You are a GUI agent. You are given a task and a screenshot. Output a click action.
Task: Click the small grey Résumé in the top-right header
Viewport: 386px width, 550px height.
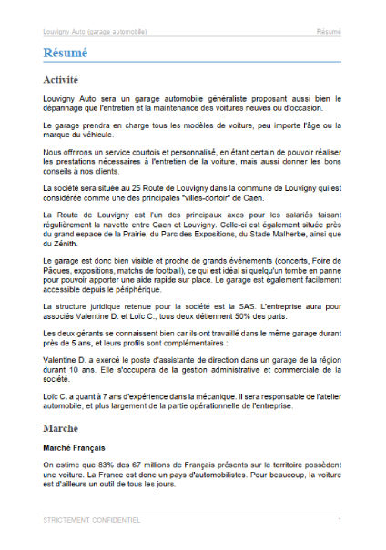(329, 31)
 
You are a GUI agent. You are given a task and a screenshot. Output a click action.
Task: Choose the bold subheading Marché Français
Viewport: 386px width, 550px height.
(74, 448)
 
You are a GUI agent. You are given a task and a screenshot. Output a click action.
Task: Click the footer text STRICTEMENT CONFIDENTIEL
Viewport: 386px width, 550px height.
(92, 520)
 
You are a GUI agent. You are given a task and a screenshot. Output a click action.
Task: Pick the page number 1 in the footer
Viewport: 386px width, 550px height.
(340, 520)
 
